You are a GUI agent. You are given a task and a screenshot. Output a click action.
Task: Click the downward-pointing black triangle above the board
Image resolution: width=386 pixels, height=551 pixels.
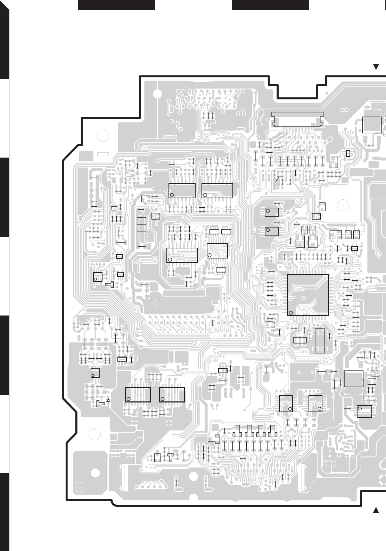coord(376,67)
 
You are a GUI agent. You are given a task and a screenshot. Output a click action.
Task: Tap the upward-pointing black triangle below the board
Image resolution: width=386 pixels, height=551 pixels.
coord(376,510)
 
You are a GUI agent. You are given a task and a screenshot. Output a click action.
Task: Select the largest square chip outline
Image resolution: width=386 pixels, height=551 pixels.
coord(308,295)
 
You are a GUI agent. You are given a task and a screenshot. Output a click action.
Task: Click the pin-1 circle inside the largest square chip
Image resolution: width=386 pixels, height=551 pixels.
coord(291,312)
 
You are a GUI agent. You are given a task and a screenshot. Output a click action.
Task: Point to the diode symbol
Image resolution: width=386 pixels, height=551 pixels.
coord(108,400)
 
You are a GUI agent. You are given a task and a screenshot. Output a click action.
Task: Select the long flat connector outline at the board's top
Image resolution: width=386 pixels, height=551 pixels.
coord(297,119)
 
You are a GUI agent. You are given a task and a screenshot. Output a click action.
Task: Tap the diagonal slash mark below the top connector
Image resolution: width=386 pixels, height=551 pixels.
coord(278,179)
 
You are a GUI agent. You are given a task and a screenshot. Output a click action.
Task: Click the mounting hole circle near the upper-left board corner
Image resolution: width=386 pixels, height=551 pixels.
coord(102,136)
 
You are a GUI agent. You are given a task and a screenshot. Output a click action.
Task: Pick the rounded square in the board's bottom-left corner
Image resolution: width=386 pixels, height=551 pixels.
coord(79,487)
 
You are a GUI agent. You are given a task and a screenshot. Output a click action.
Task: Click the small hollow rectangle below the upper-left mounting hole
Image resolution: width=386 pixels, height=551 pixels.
coord(103,154)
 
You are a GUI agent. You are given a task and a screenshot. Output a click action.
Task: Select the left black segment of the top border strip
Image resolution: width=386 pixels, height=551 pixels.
coord(116,5)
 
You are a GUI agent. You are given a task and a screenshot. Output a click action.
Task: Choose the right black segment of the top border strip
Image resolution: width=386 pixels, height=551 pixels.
coord(270,5)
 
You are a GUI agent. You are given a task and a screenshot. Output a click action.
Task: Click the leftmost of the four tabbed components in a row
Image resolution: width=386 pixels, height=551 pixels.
coord(239,431)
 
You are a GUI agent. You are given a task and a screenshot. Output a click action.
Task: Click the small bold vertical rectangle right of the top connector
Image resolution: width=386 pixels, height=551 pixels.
coord(348,153)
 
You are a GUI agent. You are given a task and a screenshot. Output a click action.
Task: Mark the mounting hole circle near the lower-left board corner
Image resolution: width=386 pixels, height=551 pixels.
coord(95,434)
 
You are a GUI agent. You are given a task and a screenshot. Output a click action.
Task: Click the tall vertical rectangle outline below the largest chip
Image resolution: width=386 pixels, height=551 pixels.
coord(320,341)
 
